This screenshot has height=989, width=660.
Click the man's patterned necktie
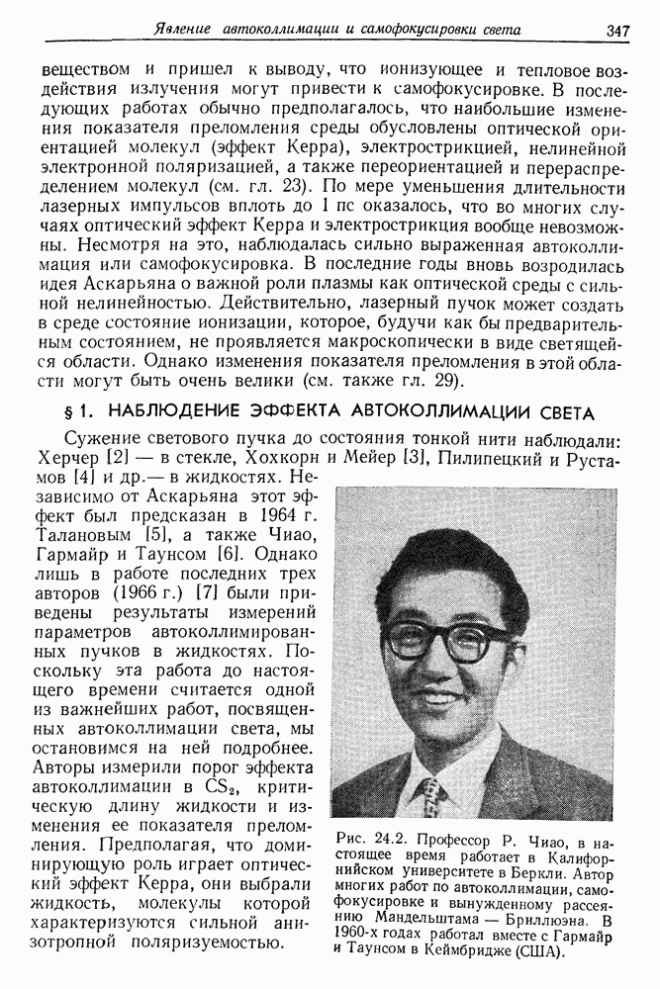(x=432, y=797)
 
